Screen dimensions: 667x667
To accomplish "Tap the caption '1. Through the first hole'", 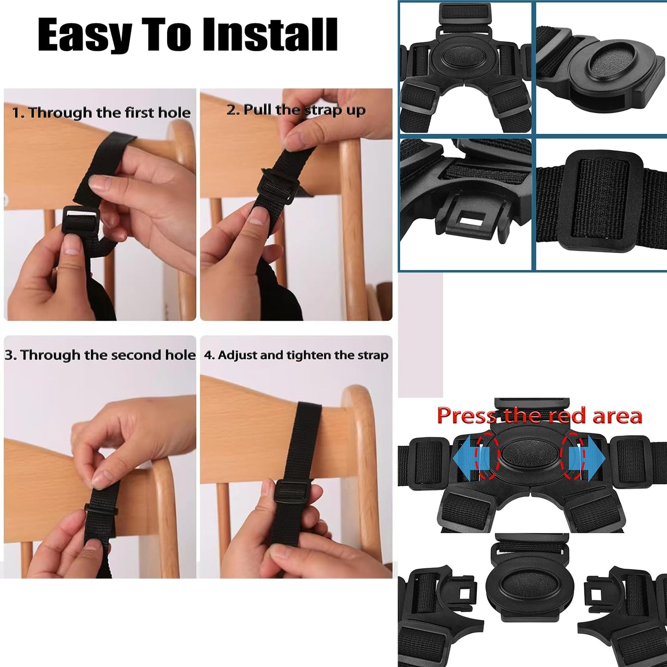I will pyautogui.click(x=101, y=113).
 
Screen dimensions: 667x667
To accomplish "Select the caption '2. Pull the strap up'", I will pyautogui.click(x=296, y=110).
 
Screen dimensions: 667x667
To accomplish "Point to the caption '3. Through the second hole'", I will pyautogui.click(x=100, y=355).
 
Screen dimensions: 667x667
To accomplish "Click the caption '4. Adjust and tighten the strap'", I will pyautogui.click(x=296, y=355).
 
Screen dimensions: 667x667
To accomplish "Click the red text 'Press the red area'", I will pyautogui.click(x=539, y=415).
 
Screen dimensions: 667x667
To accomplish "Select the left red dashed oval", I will pyautogui.click(x=488, y=457).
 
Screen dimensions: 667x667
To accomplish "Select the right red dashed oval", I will pyautogui.click(x=572, y=457).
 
